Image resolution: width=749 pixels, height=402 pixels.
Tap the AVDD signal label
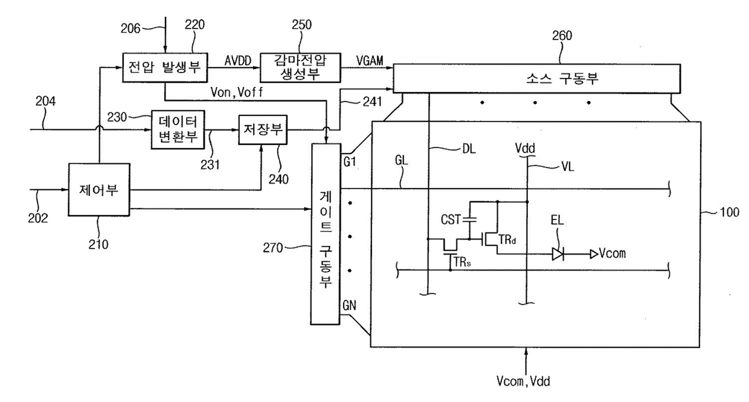(238, 61)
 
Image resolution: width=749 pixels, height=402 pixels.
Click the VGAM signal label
(370, 61)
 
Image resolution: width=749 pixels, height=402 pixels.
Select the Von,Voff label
(237, 92)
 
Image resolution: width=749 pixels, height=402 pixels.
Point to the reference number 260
(562, 36)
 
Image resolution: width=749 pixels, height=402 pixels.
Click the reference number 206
(130, 28)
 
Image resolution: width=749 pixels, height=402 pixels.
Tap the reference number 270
(273, 248)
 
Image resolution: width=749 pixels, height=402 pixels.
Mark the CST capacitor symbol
(469, 219)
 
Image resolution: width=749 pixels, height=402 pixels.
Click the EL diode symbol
(558, 254)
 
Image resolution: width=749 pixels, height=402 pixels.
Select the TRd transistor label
(507, 239)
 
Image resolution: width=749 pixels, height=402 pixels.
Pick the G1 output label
(350, 162)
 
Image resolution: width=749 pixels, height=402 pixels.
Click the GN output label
(349, 305)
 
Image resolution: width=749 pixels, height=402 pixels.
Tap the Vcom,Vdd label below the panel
(523, 381)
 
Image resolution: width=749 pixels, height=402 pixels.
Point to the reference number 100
(729, 212)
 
